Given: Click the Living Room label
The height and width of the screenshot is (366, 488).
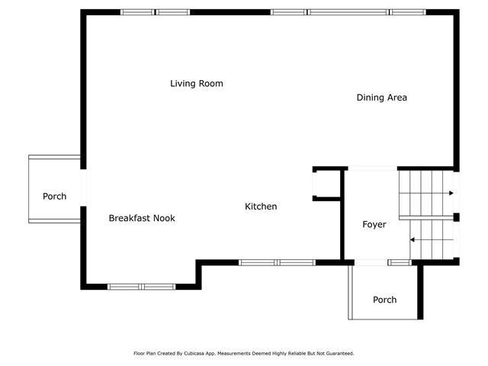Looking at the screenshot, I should [196, 83].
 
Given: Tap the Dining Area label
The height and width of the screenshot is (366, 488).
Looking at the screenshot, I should [381, 97].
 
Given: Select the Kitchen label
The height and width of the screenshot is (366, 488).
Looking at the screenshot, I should [261, 207].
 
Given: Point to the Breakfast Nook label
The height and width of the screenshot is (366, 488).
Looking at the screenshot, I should [142, 218].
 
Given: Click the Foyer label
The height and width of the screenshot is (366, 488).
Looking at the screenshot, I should [374, 224].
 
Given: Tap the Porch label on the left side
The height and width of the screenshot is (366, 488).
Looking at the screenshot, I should [54, 196].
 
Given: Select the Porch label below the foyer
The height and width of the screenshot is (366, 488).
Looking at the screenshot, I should [384, 300].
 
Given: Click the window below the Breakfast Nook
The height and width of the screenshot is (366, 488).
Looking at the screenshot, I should [141, 287].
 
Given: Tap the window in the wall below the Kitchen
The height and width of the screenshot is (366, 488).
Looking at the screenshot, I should [277, 262].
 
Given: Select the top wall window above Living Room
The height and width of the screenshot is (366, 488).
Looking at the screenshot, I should [156, 12].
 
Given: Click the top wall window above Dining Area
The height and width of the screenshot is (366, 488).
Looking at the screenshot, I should [348, 12].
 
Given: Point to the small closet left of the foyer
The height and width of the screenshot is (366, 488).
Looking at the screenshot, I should [326, 184].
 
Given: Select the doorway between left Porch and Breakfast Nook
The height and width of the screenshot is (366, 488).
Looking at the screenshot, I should [82, 188].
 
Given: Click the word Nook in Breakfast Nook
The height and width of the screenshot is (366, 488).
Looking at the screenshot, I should [163, 218].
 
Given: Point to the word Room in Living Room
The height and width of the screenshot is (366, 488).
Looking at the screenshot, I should [211, 83].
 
